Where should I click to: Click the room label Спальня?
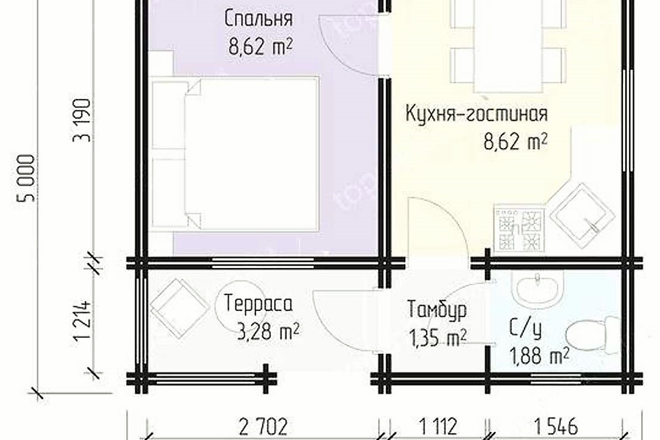click(258, 19)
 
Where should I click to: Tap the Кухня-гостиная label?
click(476, 113)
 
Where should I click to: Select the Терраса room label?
click(258, 304)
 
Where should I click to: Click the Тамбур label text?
click(437, 310)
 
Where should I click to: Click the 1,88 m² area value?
click(538, 356)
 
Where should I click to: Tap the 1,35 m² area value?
click(437, 339)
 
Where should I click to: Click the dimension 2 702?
click(263, 426)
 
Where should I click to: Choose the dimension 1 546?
click(555, 426)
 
